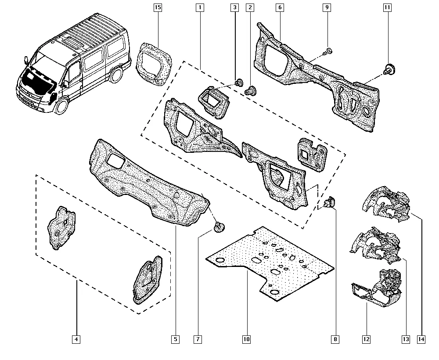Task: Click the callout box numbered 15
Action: click(158, 7)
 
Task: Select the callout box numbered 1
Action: click(199, 7)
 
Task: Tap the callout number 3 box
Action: click(234, 7)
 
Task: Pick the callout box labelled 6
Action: click(280, 7)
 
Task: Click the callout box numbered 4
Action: click(76, 339)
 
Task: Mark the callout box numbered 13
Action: click(405, 339)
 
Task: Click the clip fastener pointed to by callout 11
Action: click(389, 68)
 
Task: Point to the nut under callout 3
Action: click(239, 82)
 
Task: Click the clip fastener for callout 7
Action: click(219, 227)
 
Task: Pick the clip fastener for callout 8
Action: click(329, 203)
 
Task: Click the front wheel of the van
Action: click(62, 106)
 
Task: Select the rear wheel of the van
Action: click(116, 75)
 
